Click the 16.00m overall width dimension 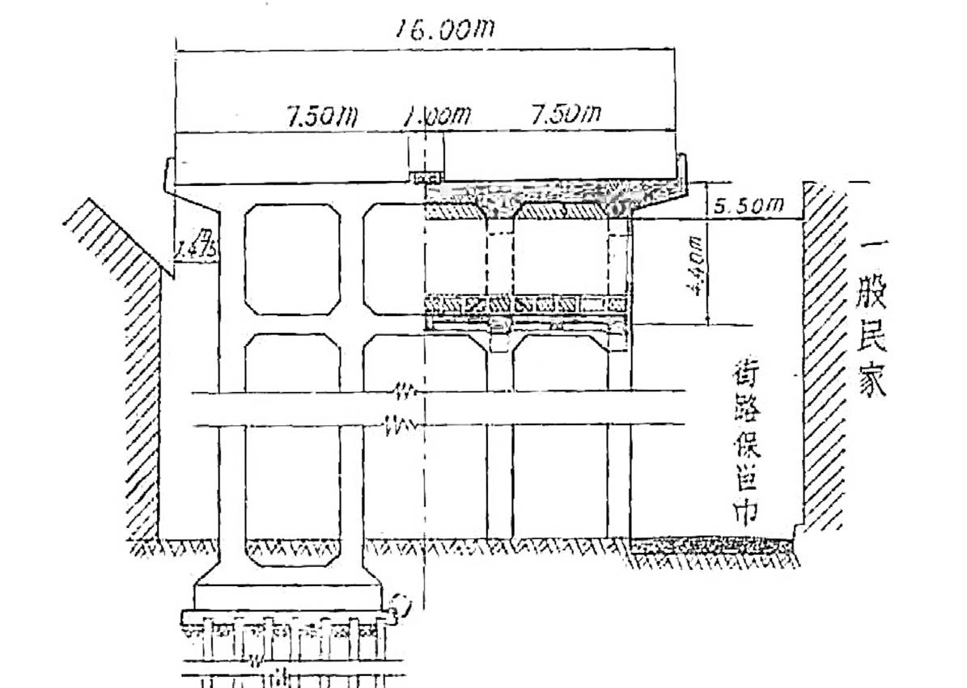click(444, 31)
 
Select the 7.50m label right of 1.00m click(566, 116)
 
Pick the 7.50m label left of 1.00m click(322, 116)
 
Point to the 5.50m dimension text click(749, 206)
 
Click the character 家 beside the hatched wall click(872, 380)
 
